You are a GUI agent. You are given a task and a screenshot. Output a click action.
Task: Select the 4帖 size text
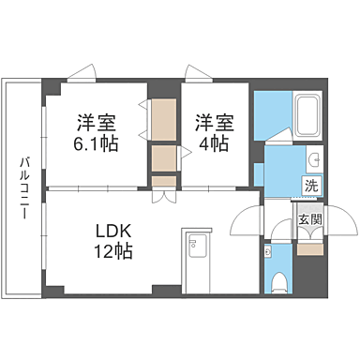click(x=213, y=144)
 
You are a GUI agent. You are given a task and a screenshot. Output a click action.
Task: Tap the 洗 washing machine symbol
click(x=310, y=185)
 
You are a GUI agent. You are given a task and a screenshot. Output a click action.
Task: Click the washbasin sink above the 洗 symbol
click(x=314, y=158)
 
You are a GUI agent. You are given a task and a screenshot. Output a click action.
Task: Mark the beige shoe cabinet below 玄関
click(x=308, y=248)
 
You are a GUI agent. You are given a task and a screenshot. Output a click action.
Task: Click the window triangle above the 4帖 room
click(x=197, y=71)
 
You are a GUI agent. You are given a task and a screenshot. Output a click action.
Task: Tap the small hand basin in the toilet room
click(x=269, y=251)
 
